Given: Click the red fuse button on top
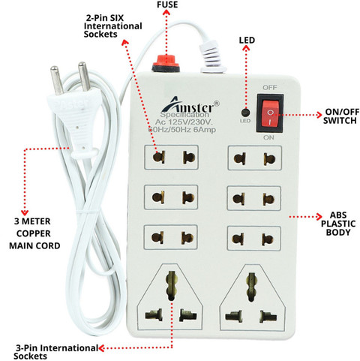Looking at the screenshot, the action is pyautogui.click(x=166, y=64).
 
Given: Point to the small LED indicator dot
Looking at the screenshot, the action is pyautogui.click(x=246, y=113).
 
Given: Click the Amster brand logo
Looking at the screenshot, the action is pyautogui.click(x=190, y=105).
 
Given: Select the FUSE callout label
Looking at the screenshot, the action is pyautogui.click(x=167, y=5).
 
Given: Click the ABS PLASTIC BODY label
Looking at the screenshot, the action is pyautogui.click(x=338, y=224).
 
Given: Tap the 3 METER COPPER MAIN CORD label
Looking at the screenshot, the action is pyautogui.click(x=34, y=233).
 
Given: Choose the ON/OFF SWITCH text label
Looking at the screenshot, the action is pyautogui.click(x=340, y=116).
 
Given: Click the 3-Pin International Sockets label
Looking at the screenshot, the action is pyautogui.click(x=55, y=352).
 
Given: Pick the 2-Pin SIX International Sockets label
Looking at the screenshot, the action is pyautogui.click(x=112, y=26).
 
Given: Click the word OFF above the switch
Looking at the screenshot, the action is pyautogui.click(x=270, y=87).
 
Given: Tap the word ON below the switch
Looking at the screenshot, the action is pyautogui.click(x=268, y=137).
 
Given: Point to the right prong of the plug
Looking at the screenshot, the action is pyautogui.click(x=84, y=76).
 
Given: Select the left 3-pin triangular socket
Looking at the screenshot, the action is pyautogui.click(x=170, y=297).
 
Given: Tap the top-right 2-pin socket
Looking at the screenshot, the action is pyautogui.click(x=255, y=158).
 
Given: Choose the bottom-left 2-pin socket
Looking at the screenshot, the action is pyautogui.click(x=171, y=237).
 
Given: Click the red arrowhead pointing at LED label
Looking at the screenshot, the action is pyautogui.click(x=247, y=48).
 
